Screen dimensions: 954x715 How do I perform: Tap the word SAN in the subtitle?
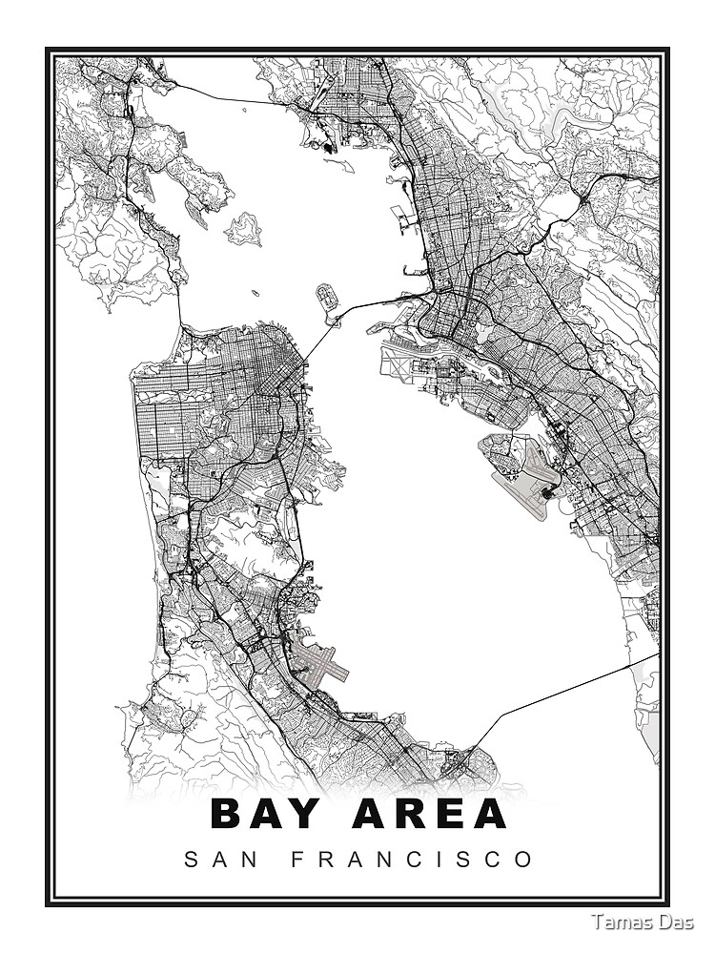tap(213, 859)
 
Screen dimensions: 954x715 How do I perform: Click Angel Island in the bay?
tap(244, 229)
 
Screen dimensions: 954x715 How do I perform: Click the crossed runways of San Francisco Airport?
tap(319, 660)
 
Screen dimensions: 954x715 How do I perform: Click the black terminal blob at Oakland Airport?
tap(547, 493)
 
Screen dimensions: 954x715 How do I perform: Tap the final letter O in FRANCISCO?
tap(524, 859)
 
